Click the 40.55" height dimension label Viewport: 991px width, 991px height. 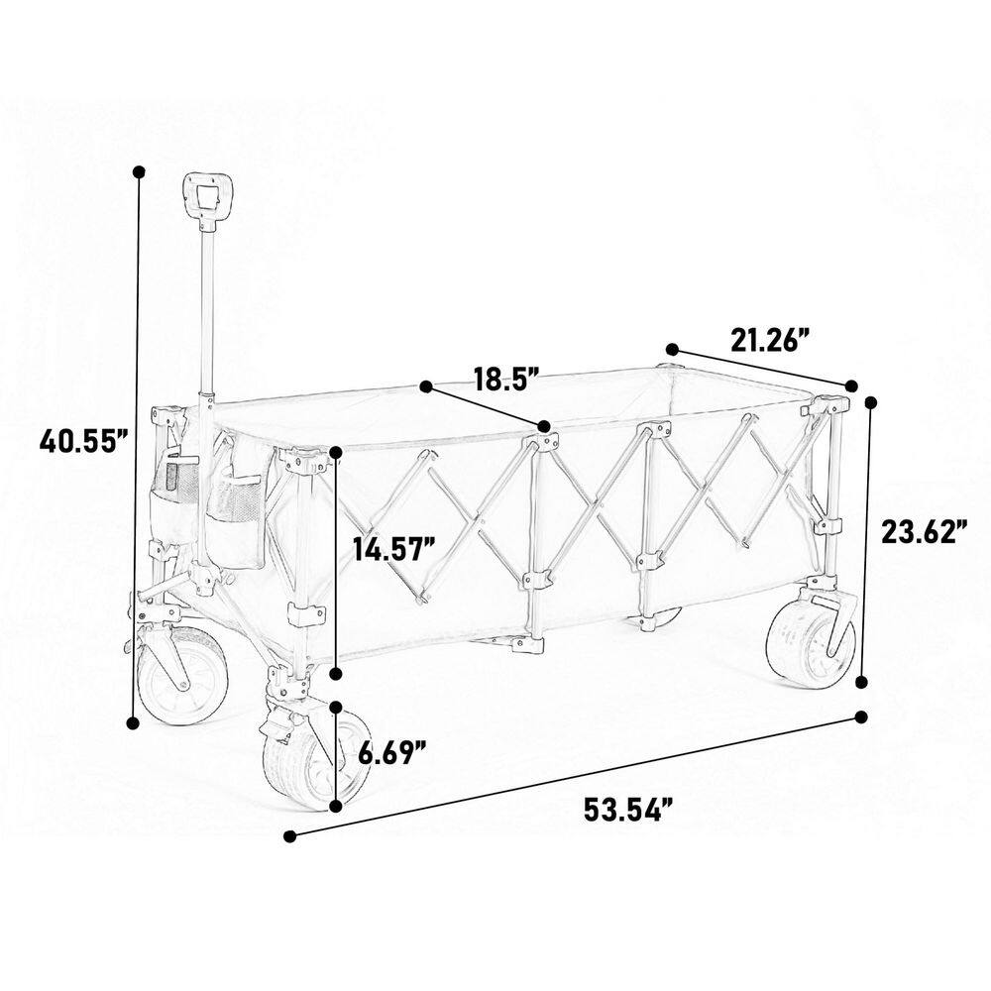(84, 441)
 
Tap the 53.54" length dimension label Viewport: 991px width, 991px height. (627, 810)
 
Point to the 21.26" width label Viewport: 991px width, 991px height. (770, 340)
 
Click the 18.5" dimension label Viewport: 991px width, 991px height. (506, 380)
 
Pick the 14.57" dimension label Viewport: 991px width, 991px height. (394, 548)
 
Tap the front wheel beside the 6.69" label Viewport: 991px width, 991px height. (308, 761)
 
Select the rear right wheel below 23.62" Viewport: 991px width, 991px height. (811, 641)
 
